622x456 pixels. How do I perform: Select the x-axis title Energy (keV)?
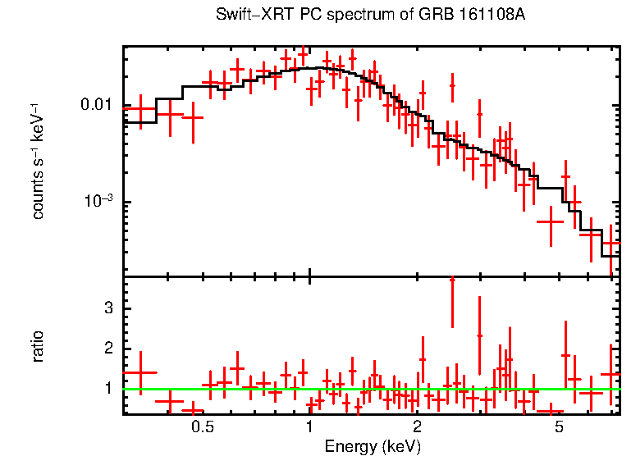pos(373,446)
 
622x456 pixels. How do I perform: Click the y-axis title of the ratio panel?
pos(38,346)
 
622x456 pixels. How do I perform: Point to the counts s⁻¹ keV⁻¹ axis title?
pos(38,161)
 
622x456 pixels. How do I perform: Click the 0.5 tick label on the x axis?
pos(203,427)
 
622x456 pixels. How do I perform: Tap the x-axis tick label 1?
pos(309,427)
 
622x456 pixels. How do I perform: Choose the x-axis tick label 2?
pos(417,427)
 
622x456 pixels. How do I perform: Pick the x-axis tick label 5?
pos(559,427)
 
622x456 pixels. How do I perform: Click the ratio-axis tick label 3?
pos(107,308)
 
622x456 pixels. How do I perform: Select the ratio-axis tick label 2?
pos(107,349)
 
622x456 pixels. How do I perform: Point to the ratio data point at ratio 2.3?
pos(480,335)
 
